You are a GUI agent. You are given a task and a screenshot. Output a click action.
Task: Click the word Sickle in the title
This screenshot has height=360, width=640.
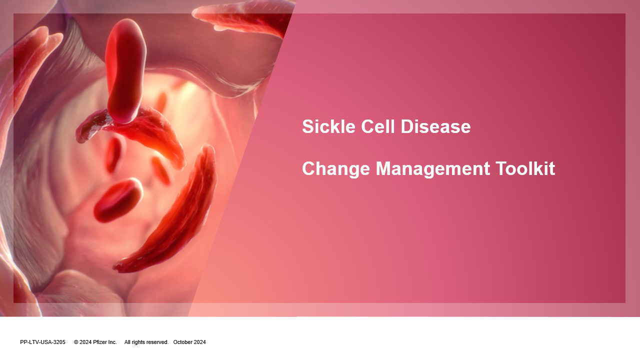coord(328,126)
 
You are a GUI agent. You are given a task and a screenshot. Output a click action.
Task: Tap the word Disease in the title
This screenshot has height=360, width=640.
coord(435,126)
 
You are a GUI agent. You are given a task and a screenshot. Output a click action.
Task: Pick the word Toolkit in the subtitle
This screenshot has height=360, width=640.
coord(525,168)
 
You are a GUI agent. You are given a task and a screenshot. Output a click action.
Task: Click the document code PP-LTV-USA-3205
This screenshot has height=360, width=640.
coord(42,342)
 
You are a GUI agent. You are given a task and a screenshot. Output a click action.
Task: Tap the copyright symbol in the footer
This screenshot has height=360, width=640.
coord(76,342)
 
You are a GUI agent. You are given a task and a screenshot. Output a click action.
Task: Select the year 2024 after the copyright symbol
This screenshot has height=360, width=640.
coord(85,342)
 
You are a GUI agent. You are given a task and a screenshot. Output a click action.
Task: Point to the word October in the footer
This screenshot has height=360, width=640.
coord(183,342)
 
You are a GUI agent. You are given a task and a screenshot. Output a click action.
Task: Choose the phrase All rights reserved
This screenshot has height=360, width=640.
coord(146,342)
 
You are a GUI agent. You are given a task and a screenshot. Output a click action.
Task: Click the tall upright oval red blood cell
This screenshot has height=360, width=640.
coord(125,70)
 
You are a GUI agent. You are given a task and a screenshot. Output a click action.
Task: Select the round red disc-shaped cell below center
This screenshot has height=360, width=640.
coord(117,199)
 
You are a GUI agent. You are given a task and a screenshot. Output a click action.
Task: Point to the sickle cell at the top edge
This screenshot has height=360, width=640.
coord(243,17)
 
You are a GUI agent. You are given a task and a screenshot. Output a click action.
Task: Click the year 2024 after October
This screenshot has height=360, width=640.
coord(200,342)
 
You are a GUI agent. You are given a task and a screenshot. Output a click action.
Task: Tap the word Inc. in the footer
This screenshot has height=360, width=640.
coord(112,342)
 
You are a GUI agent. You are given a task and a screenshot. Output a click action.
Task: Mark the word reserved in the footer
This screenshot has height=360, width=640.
coord(158,342)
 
